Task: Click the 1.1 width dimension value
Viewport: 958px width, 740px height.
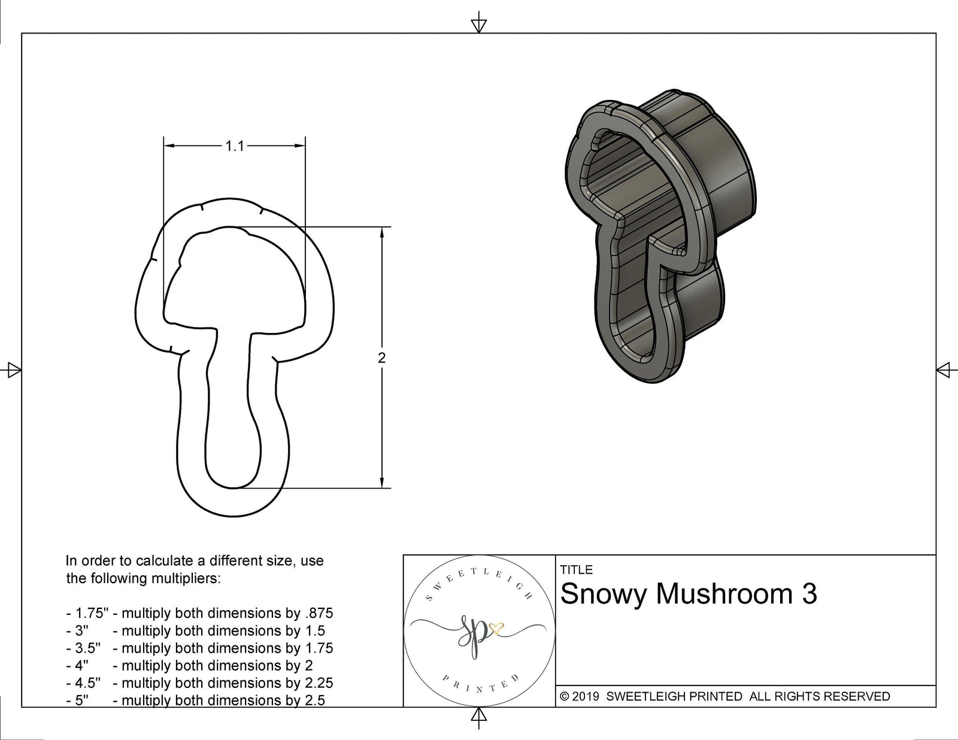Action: [x=235, y=146]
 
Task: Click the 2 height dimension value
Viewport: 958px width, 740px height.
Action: [x=382, y=358]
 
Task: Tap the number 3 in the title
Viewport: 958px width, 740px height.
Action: [x=808, y=594]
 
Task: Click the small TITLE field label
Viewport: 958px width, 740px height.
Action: [x=576, y=570]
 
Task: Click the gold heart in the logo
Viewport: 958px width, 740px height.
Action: [x=496, y=628]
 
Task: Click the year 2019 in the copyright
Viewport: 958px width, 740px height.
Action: [x=587, y=696]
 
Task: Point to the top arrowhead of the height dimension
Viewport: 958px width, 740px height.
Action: [x=382, y=232]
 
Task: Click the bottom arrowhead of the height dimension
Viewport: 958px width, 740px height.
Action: [x=382, y=483]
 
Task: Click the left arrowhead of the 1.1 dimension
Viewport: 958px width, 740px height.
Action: [x=168, y=145]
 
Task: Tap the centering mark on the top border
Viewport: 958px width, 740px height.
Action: [x=478, y=24]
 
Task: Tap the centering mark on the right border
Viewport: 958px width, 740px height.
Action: [x=944, y=370]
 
